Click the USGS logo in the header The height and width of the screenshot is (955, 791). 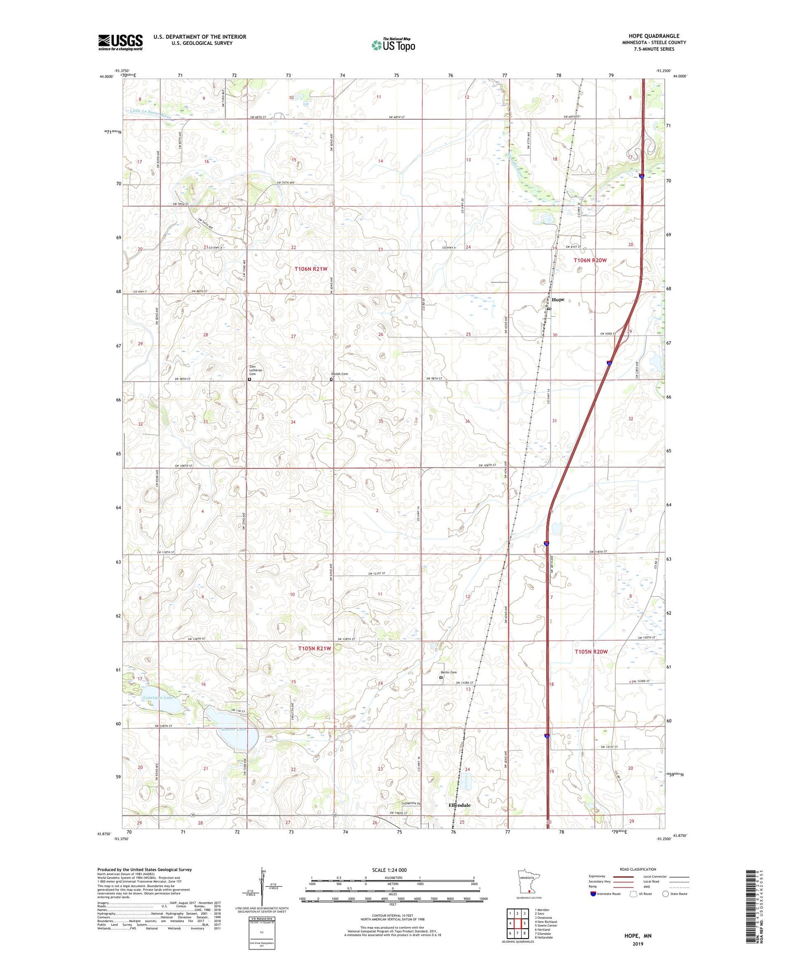click(120, 42)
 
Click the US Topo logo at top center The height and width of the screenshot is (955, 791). click(393, 44)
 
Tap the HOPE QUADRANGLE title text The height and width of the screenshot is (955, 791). click(654, 36)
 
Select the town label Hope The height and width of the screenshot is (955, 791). click(558, 300)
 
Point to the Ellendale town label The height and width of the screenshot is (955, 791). click(459, 805)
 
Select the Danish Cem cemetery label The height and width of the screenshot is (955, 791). click(339, 374)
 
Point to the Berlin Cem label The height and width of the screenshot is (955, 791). click(449, 672)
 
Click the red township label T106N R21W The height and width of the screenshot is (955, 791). click(311, 269)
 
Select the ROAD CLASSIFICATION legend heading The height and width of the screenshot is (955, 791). click(638, 869)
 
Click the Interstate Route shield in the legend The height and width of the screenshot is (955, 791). click(594, 894)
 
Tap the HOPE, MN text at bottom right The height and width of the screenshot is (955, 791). click(638, 936)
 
